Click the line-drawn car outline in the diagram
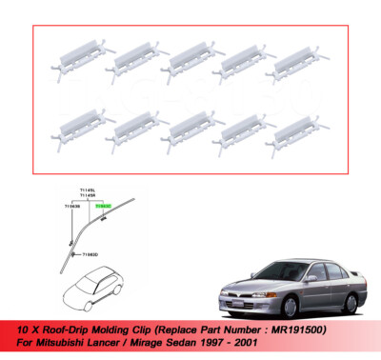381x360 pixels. (x=94, y=283)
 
